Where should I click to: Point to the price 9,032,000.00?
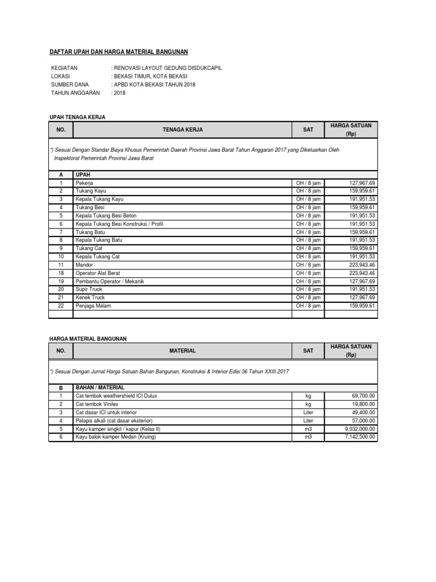point(356,429)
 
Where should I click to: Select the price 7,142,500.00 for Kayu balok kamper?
point(356,436)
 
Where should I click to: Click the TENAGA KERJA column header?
point(182,130)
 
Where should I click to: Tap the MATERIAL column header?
point(182,351)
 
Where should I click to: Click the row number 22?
point(61,306)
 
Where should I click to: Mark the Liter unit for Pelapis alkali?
point(308,421)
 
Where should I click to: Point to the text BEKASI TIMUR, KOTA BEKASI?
point(150,76)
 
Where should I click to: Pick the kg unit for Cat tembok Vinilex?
point(308,404)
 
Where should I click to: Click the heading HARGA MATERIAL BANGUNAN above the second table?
point(89,338)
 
